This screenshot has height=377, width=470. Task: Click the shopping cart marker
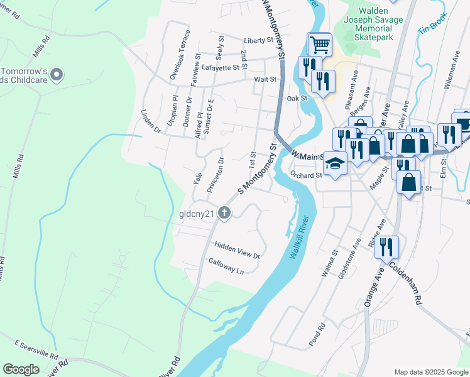320,45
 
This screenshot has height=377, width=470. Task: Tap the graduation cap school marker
335,164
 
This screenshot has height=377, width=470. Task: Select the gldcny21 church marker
224,213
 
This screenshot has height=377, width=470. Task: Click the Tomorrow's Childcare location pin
56,75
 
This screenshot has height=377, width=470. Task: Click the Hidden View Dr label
237,250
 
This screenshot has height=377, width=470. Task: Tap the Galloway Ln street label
226,266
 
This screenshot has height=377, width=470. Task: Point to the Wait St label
265,80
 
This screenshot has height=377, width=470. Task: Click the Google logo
21,369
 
